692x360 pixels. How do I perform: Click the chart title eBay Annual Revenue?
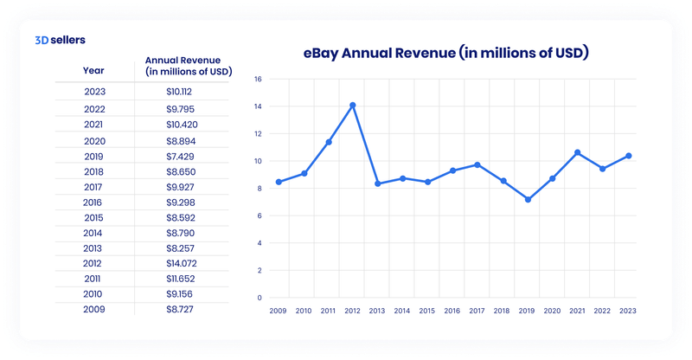coord(445,53)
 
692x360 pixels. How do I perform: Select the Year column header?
coord(94,70)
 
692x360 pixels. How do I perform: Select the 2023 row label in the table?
coord(95,91)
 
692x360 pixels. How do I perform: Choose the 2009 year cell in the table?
coord(95,307)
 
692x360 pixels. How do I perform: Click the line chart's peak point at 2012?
coord(352,106)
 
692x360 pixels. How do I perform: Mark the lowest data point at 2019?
coord(528,199)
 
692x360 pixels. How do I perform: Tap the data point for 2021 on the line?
coord(578,152)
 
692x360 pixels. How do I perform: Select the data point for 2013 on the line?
coord(377,183)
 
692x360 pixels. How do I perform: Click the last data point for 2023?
coord(628,156)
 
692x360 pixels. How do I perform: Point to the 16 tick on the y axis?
coord(257,79)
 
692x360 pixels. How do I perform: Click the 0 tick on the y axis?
coord(259,298)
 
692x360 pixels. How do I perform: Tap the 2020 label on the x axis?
coord(553,310)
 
